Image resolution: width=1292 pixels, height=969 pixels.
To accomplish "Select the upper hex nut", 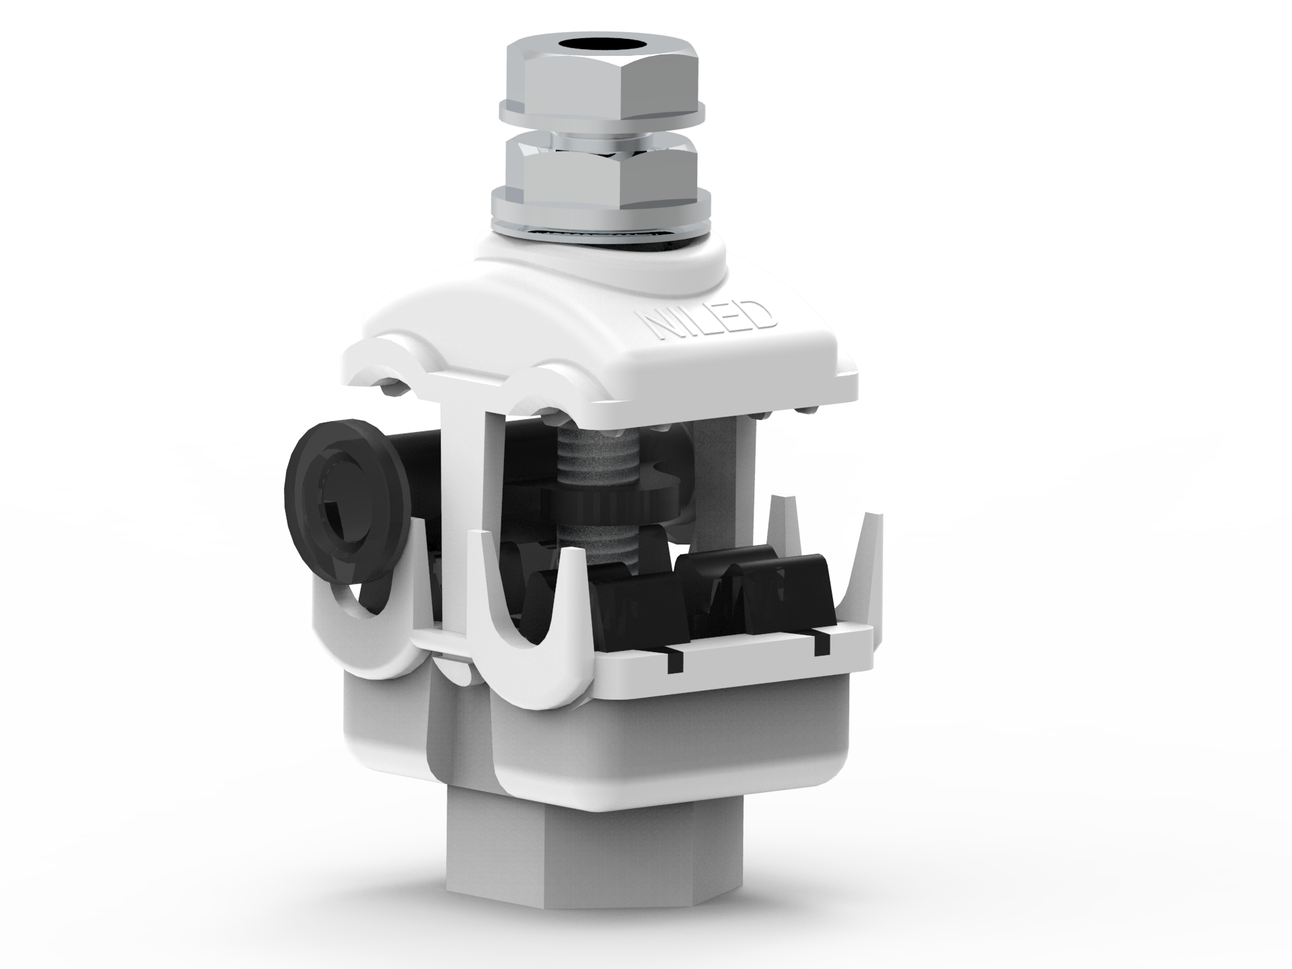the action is click(603, 67).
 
